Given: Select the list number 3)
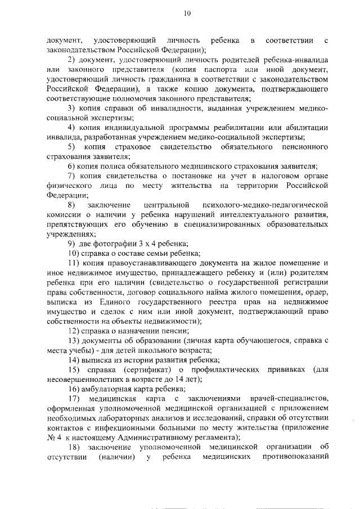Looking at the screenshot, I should (71, 108).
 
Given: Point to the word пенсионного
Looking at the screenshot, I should (304, 147).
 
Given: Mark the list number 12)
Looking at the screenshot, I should (74, 331).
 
